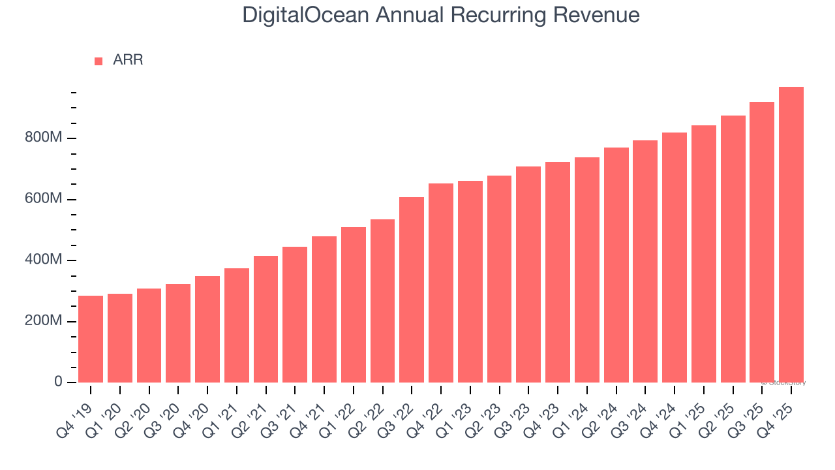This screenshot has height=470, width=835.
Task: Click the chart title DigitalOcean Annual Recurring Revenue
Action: [441, 14]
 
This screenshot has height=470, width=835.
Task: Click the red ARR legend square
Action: [99, 61]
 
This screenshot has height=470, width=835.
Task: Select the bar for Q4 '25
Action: [791, 235]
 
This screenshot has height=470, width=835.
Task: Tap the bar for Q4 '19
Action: [91, 339]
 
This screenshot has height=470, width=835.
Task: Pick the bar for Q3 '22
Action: [412, 290]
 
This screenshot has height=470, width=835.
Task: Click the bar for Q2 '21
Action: [266, 319]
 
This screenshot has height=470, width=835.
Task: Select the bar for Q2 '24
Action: [616, 265]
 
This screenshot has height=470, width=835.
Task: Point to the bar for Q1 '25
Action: [704, 254]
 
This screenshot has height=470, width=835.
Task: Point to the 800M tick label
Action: [43, 138]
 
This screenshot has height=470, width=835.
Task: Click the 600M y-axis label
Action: [43, 199]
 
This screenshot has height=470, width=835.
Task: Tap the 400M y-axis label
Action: [43, 260]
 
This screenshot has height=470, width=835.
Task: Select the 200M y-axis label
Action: [43, 321]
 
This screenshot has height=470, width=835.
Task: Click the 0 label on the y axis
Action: [58, 382]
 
